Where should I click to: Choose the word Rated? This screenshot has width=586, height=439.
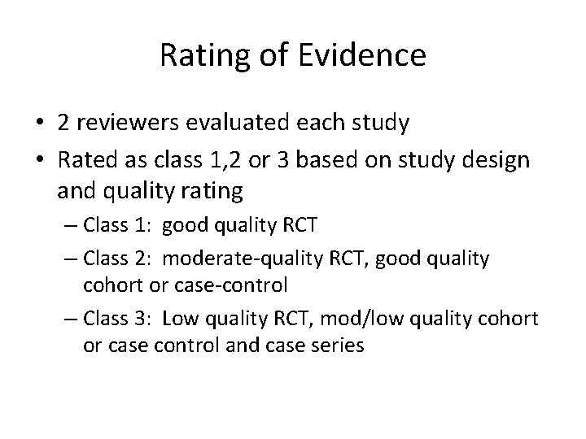pos(82,161)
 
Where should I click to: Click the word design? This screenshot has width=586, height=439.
pos(498,161)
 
